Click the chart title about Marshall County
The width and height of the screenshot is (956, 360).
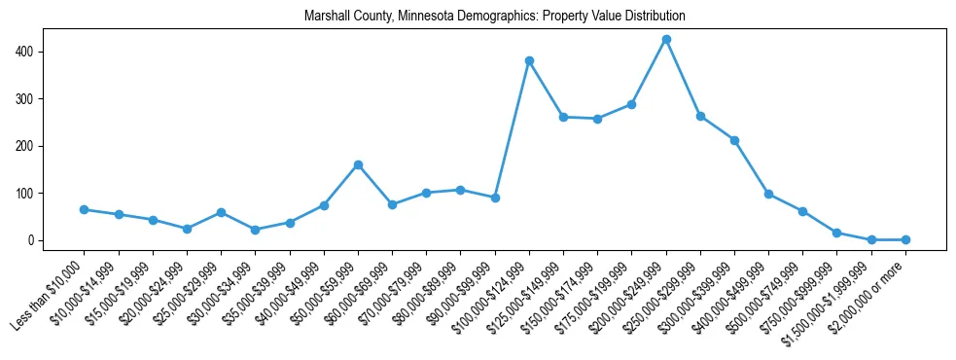494,17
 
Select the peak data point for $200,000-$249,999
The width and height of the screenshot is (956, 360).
666,40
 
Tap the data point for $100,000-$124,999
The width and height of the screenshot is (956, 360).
529,60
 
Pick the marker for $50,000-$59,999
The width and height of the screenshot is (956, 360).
358,164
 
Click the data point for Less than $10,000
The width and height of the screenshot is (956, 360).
85,209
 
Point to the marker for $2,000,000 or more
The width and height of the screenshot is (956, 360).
905,239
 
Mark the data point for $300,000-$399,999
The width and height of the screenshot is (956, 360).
734,140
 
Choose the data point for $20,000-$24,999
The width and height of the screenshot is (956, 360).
187,229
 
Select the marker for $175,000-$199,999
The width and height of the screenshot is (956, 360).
631,104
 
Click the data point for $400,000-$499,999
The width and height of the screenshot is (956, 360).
768,194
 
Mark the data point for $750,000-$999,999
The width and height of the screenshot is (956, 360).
836,233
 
